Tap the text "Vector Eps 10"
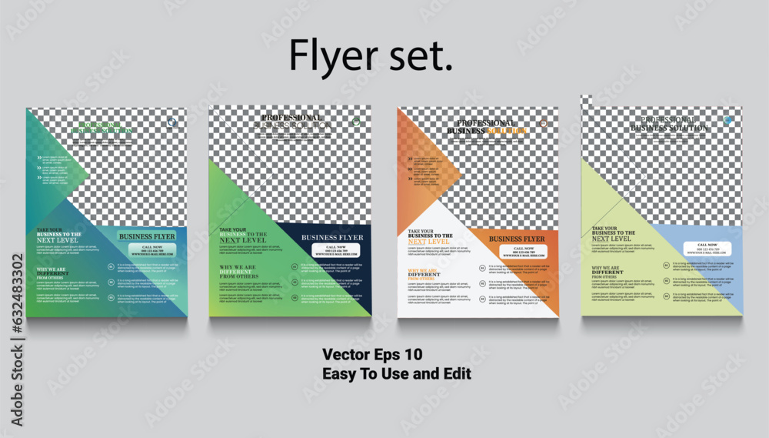(372, 355)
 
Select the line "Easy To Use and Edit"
(397, 373)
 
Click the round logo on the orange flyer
(544, 123)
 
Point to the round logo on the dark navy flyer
(356, 122)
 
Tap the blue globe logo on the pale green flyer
(728, 121)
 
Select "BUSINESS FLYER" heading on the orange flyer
(517, 239)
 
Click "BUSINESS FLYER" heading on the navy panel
(332, 238)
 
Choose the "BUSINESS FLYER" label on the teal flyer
(147, 237)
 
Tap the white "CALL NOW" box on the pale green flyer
(708, 249)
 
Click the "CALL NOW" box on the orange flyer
(523, 252)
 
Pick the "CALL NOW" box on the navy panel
(335, 250)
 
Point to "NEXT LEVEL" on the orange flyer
(428, 242)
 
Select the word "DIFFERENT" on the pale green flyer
(608, 272)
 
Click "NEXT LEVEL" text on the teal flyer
(58, 240)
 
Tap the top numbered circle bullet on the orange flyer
(482, 269)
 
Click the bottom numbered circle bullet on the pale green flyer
(665, 296)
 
